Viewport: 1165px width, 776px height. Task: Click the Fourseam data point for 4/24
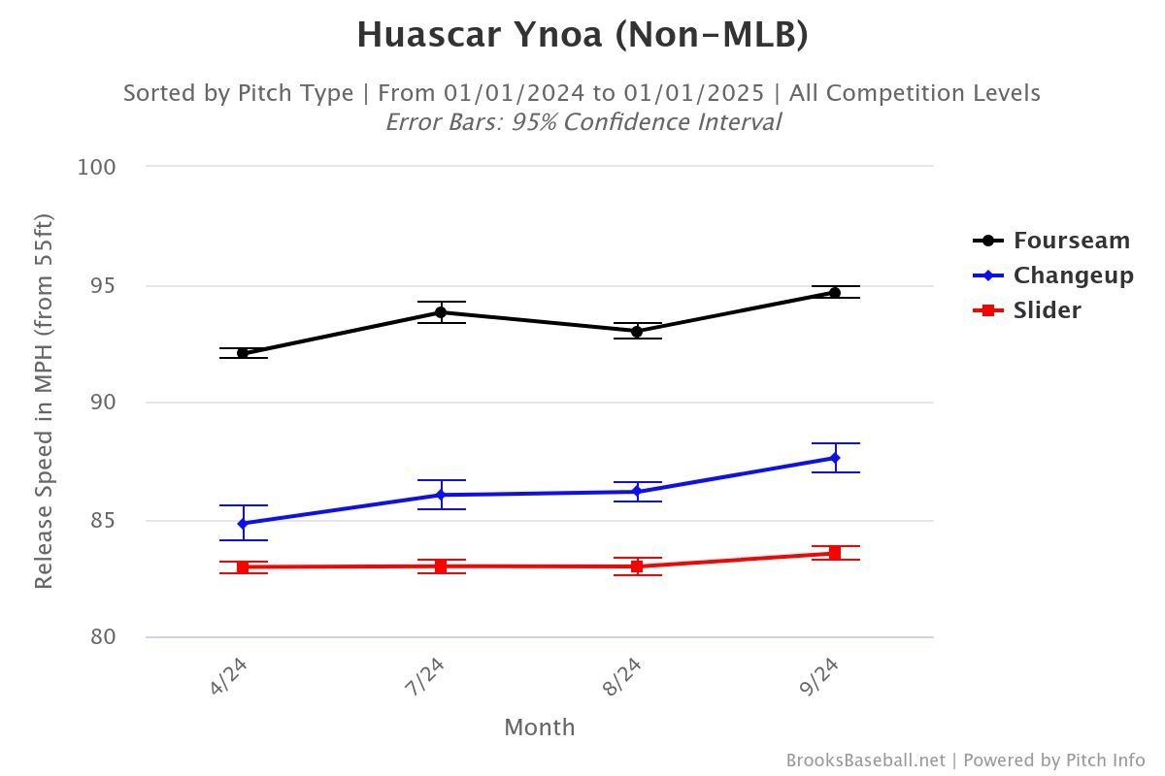pos(243,353)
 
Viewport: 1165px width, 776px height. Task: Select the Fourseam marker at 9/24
pos(834,292)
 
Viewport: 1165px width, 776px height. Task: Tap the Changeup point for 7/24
pos(440,495)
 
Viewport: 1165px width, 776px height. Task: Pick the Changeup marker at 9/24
pos(834,458)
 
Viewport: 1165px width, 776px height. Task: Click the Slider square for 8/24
pos(637,566)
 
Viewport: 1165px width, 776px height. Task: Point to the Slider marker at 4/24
pos(243,567)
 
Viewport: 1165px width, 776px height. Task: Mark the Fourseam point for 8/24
pos(637,332)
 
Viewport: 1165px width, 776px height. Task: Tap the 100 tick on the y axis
pos(96,167)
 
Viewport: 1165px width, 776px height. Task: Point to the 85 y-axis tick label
pos(103,521)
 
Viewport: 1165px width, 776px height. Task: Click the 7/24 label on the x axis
pos(424,676)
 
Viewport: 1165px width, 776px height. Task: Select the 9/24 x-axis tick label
pos(818,676)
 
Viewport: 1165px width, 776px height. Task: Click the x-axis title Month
pos(539,727)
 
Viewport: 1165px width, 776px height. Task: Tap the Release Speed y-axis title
pos(44,402)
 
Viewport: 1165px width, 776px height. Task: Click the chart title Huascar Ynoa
pos(582,35)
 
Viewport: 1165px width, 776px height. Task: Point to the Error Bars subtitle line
pos(582,122)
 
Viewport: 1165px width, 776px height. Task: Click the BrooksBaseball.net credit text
pos(865,760)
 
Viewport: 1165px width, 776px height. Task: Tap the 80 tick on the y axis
pos(103,638)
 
